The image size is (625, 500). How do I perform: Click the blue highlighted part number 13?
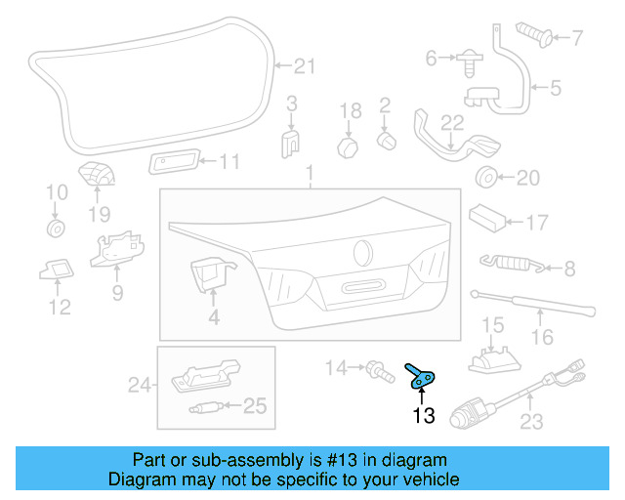pyautogui.click(x=422, y=377)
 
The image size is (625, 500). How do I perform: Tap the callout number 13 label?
pyautogui.click(x=423, y=417)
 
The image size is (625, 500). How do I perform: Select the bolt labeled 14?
pyautogui.click(x=374, y=368)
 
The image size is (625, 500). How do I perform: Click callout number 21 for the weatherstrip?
pyautogui.click(x=306, y=66)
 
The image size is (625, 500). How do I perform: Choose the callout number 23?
pyautogui.click(x=531, y=423)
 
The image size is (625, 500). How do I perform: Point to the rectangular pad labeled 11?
pyautogui.click(x=176, y=161)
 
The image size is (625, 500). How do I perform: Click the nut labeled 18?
pyautogui.click(x=347, y=147)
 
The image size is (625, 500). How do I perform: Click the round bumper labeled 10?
pyautogui.click(x=56, y=229)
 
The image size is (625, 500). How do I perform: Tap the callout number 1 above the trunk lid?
pyautogui.click(x=311, y=175)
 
